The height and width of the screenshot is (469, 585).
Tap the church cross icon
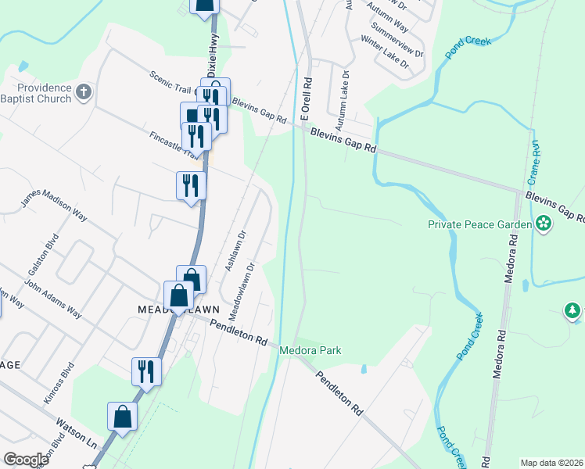click(x=84, y=94)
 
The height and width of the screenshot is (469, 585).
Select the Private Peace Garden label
click(x=479, y=224)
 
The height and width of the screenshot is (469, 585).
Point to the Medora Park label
click(x=311, y=351)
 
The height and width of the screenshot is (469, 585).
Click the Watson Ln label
click(x=76, y=433)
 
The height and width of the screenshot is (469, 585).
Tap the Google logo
click(x=27, y=460)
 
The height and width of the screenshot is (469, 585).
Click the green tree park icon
click(x=573, y=312)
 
